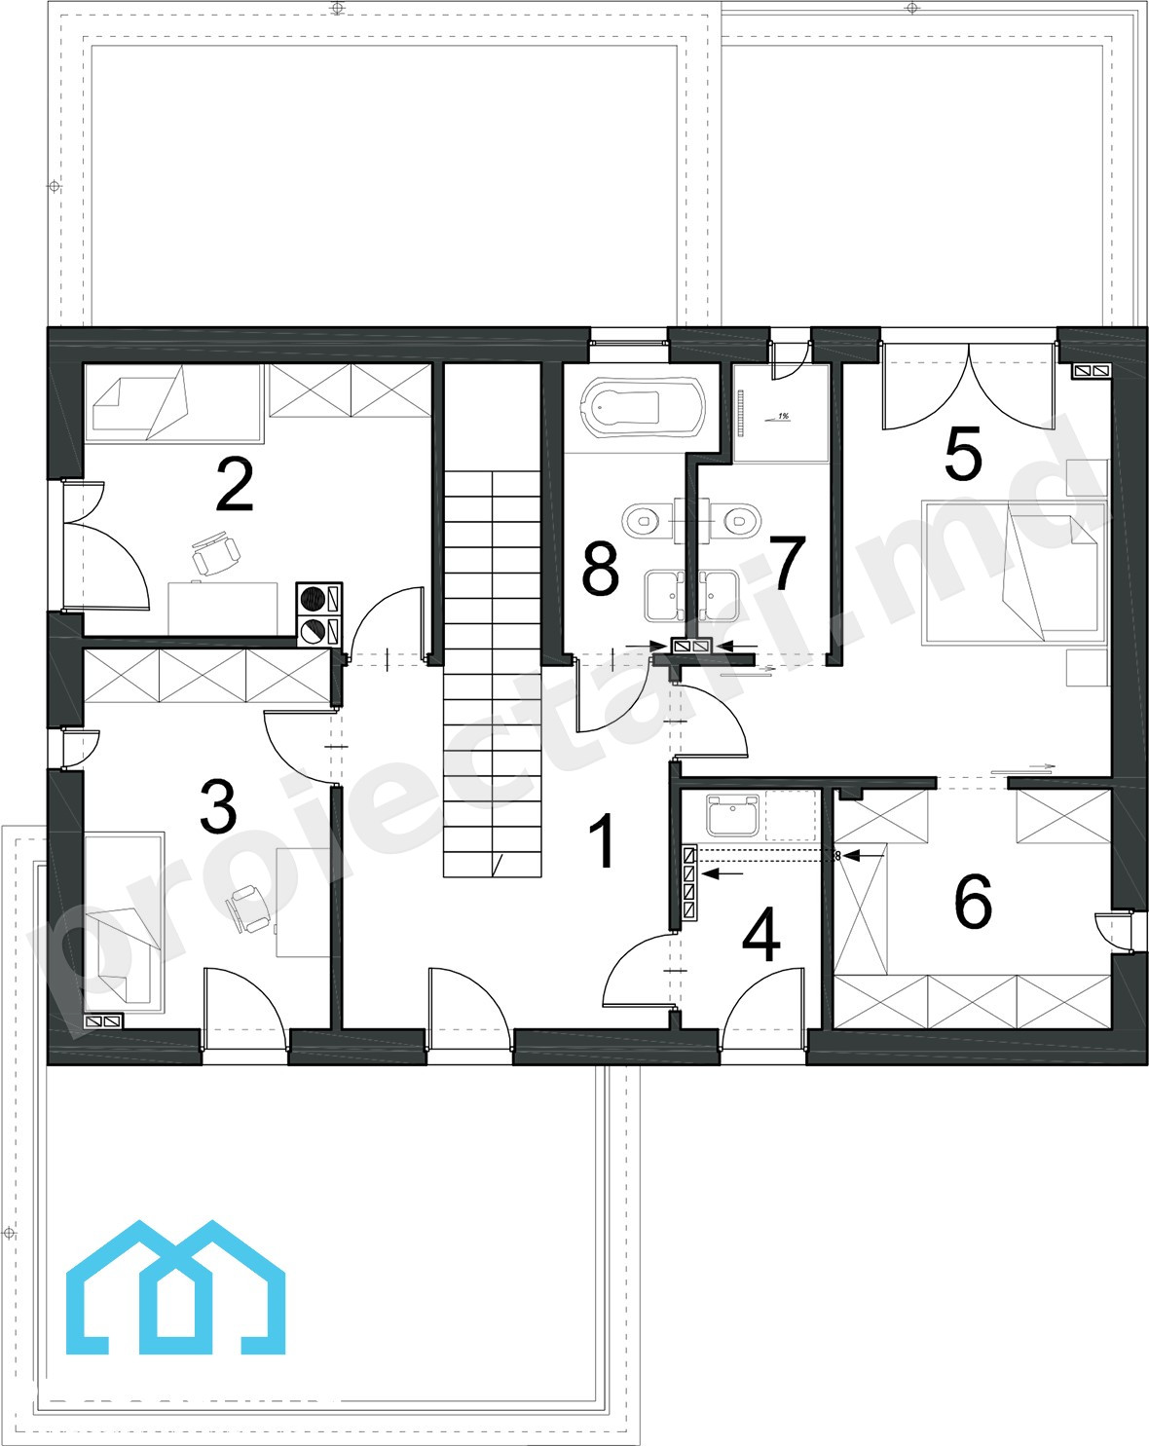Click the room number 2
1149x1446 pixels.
(x=235, y=484)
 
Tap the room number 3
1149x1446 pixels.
(x=218, y=806)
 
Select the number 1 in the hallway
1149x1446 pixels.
(x=604, y=840)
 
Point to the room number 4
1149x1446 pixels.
(x=761, y=934)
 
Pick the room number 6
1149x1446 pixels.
(x=973, y=901)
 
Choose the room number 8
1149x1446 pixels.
(x=600, y=569)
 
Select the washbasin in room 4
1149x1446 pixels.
(x=732, y=814)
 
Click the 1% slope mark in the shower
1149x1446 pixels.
(x=778, y=418)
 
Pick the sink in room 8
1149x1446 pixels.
(x=664, y=595)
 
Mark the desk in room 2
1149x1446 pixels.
(x=222, y=609)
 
